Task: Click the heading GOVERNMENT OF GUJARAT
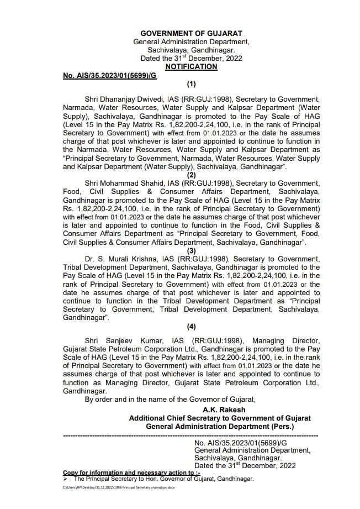click(x=191, y=34)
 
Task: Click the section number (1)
click(x=191, y=84)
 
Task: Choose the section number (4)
click(x=191, y=326)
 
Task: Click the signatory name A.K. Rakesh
click(x=220, y=410)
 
